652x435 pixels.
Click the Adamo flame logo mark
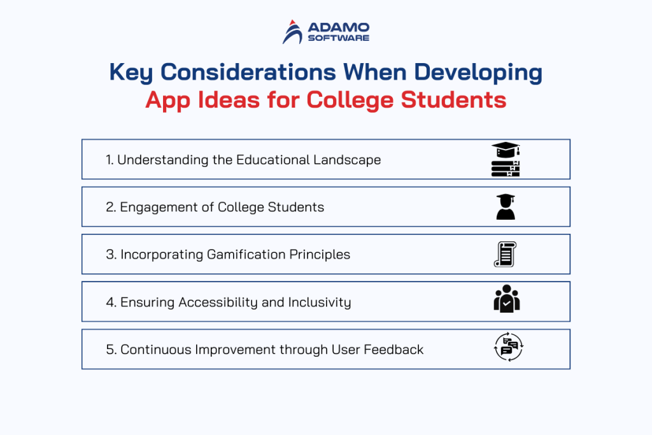tap(293, 32)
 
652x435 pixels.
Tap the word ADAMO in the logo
tap(339, 27)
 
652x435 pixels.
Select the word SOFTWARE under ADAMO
tap(339, 38)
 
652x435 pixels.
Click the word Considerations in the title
tap(248, 72)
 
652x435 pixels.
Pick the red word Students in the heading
tap(453, 100)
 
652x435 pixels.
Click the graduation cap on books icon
tap(506, 159)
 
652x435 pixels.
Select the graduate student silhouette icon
tap(506, 207)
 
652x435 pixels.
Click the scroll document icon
tap(505, 254)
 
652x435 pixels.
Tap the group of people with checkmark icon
tap(506, 298)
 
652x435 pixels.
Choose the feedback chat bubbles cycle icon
tap(509, 347)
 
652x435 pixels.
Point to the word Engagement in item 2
tap(159, 208)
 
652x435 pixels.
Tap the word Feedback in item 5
tap(393, 349)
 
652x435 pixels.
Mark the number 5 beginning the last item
tap(110, 350)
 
